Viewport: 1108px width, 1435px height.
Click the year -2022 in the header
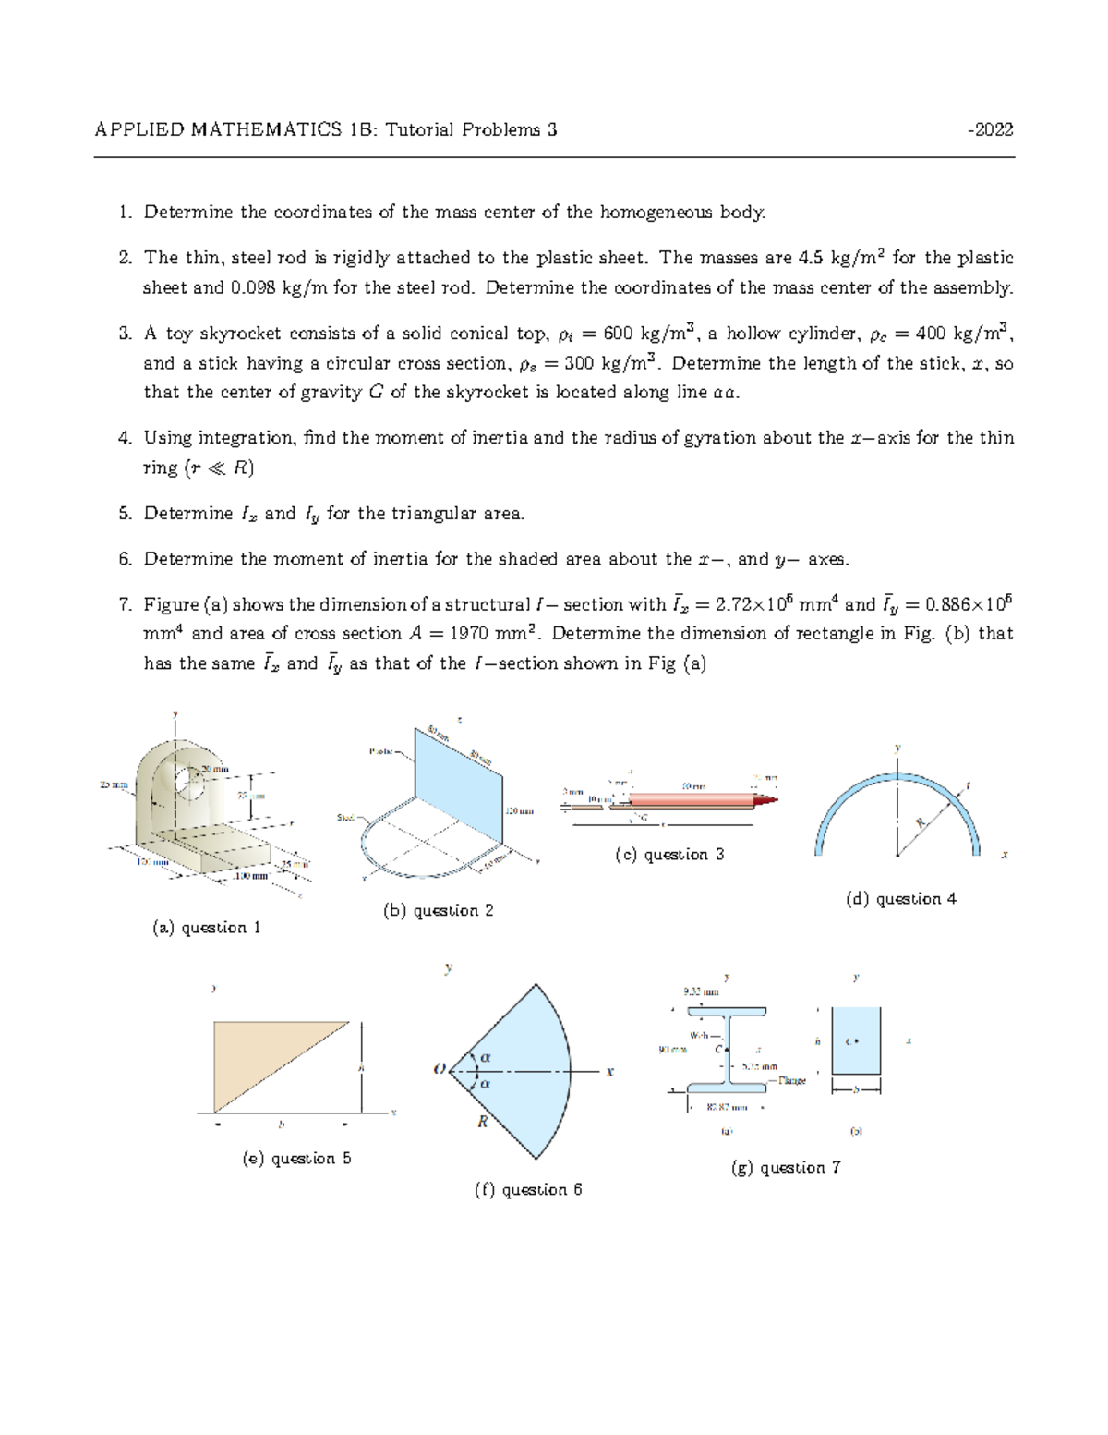pos(990,129)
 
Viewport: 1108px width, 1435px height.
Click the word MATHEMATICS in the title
pos(266,129)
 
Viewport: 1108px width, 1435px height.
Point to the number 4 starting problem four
pos(125,438)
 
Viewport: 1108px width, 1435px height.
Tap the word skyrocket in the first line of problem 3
pos(239,334)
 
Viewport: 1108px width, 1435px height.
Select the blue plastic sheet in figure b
pos(459,795)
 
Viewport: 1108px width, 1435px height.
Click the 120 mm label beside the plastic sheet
pos(519,811)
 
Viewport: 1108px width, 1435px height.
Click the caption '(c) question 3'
pos(669,855)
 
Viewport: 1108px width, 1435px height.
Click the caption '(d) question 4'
pos(900,899)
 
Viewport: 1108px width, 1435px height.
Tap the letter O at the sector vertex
pos(440,1070)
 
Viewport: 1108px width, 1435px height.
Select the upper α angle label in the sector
pos(486,1057)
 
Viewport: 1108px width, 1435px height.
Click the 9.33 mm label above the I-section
pos(700,992)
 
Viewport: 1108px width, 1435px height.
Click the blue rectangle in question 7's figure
pos(856,1041)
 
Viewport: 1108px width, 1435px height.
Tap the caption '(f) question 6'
pos(528,1190)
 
